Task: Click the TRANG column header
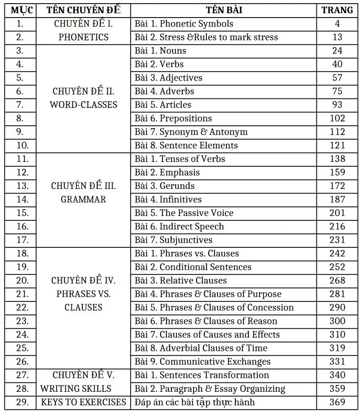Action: tap(337, 10)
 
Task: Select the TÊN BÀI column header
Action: tap(225, 10)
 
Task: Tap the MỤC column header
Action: tap(19, 10)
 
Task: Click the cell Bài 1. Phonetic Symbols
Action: tap(184, 24)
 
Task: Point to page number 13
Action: tap(337, 37)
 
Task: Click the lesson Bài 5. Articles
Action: tap(163, 105)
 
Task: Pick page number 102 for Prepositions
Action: tap(337, 118)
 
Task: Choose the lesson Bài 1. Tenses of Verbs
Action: tap(180, 159)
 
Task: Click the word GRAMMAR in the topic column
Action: tap(83, 199)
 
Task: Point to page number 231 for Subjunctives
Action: tap(337, 240)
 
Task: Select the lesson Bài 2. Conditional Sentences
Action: tap(193, 267)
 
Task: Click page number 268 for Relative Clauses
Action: tap(337, 280)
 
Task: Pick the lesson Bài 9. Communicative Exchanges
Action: tap(202, 362)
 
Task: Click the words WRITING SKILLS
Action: tap(76, 389)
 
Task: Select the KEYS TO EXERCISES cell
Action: tap(83, 402)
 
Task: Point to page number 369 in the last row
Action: tap(337, 402)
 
